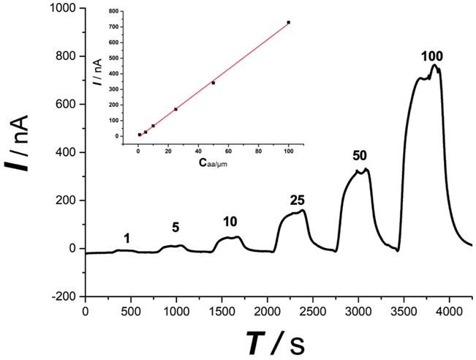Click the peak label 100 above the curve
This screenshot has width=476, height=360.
432,56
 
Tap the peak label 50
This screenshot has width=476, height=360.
359,156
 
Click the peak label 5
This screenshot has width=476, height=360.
175,228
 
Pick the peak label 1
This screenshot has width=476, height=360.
127,239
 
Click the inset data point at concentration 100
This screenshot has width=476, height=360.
289,23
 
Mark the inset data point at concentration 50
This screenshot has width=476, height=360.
213,83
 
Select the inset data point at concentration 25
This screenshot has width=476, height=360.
175,109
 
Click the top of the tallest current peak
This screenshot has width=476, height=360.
434,66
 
